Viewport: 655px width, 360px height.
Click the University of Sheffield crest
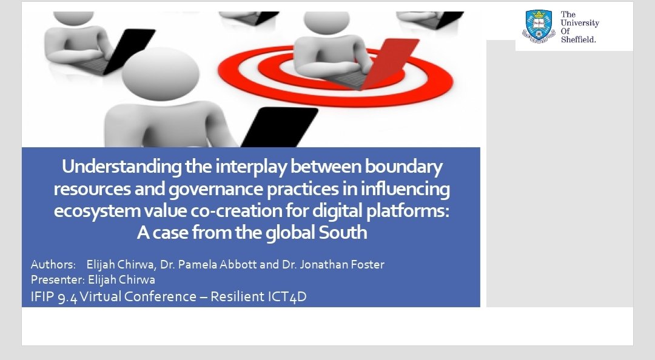(x=539, y=26)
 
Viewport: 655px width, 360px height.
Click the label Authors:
(x=53, y=265)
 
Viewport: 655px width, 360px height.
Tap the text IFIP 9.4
(x=55, y=297)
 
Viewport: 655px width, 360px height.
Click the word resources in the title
(x=91, y=190)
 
